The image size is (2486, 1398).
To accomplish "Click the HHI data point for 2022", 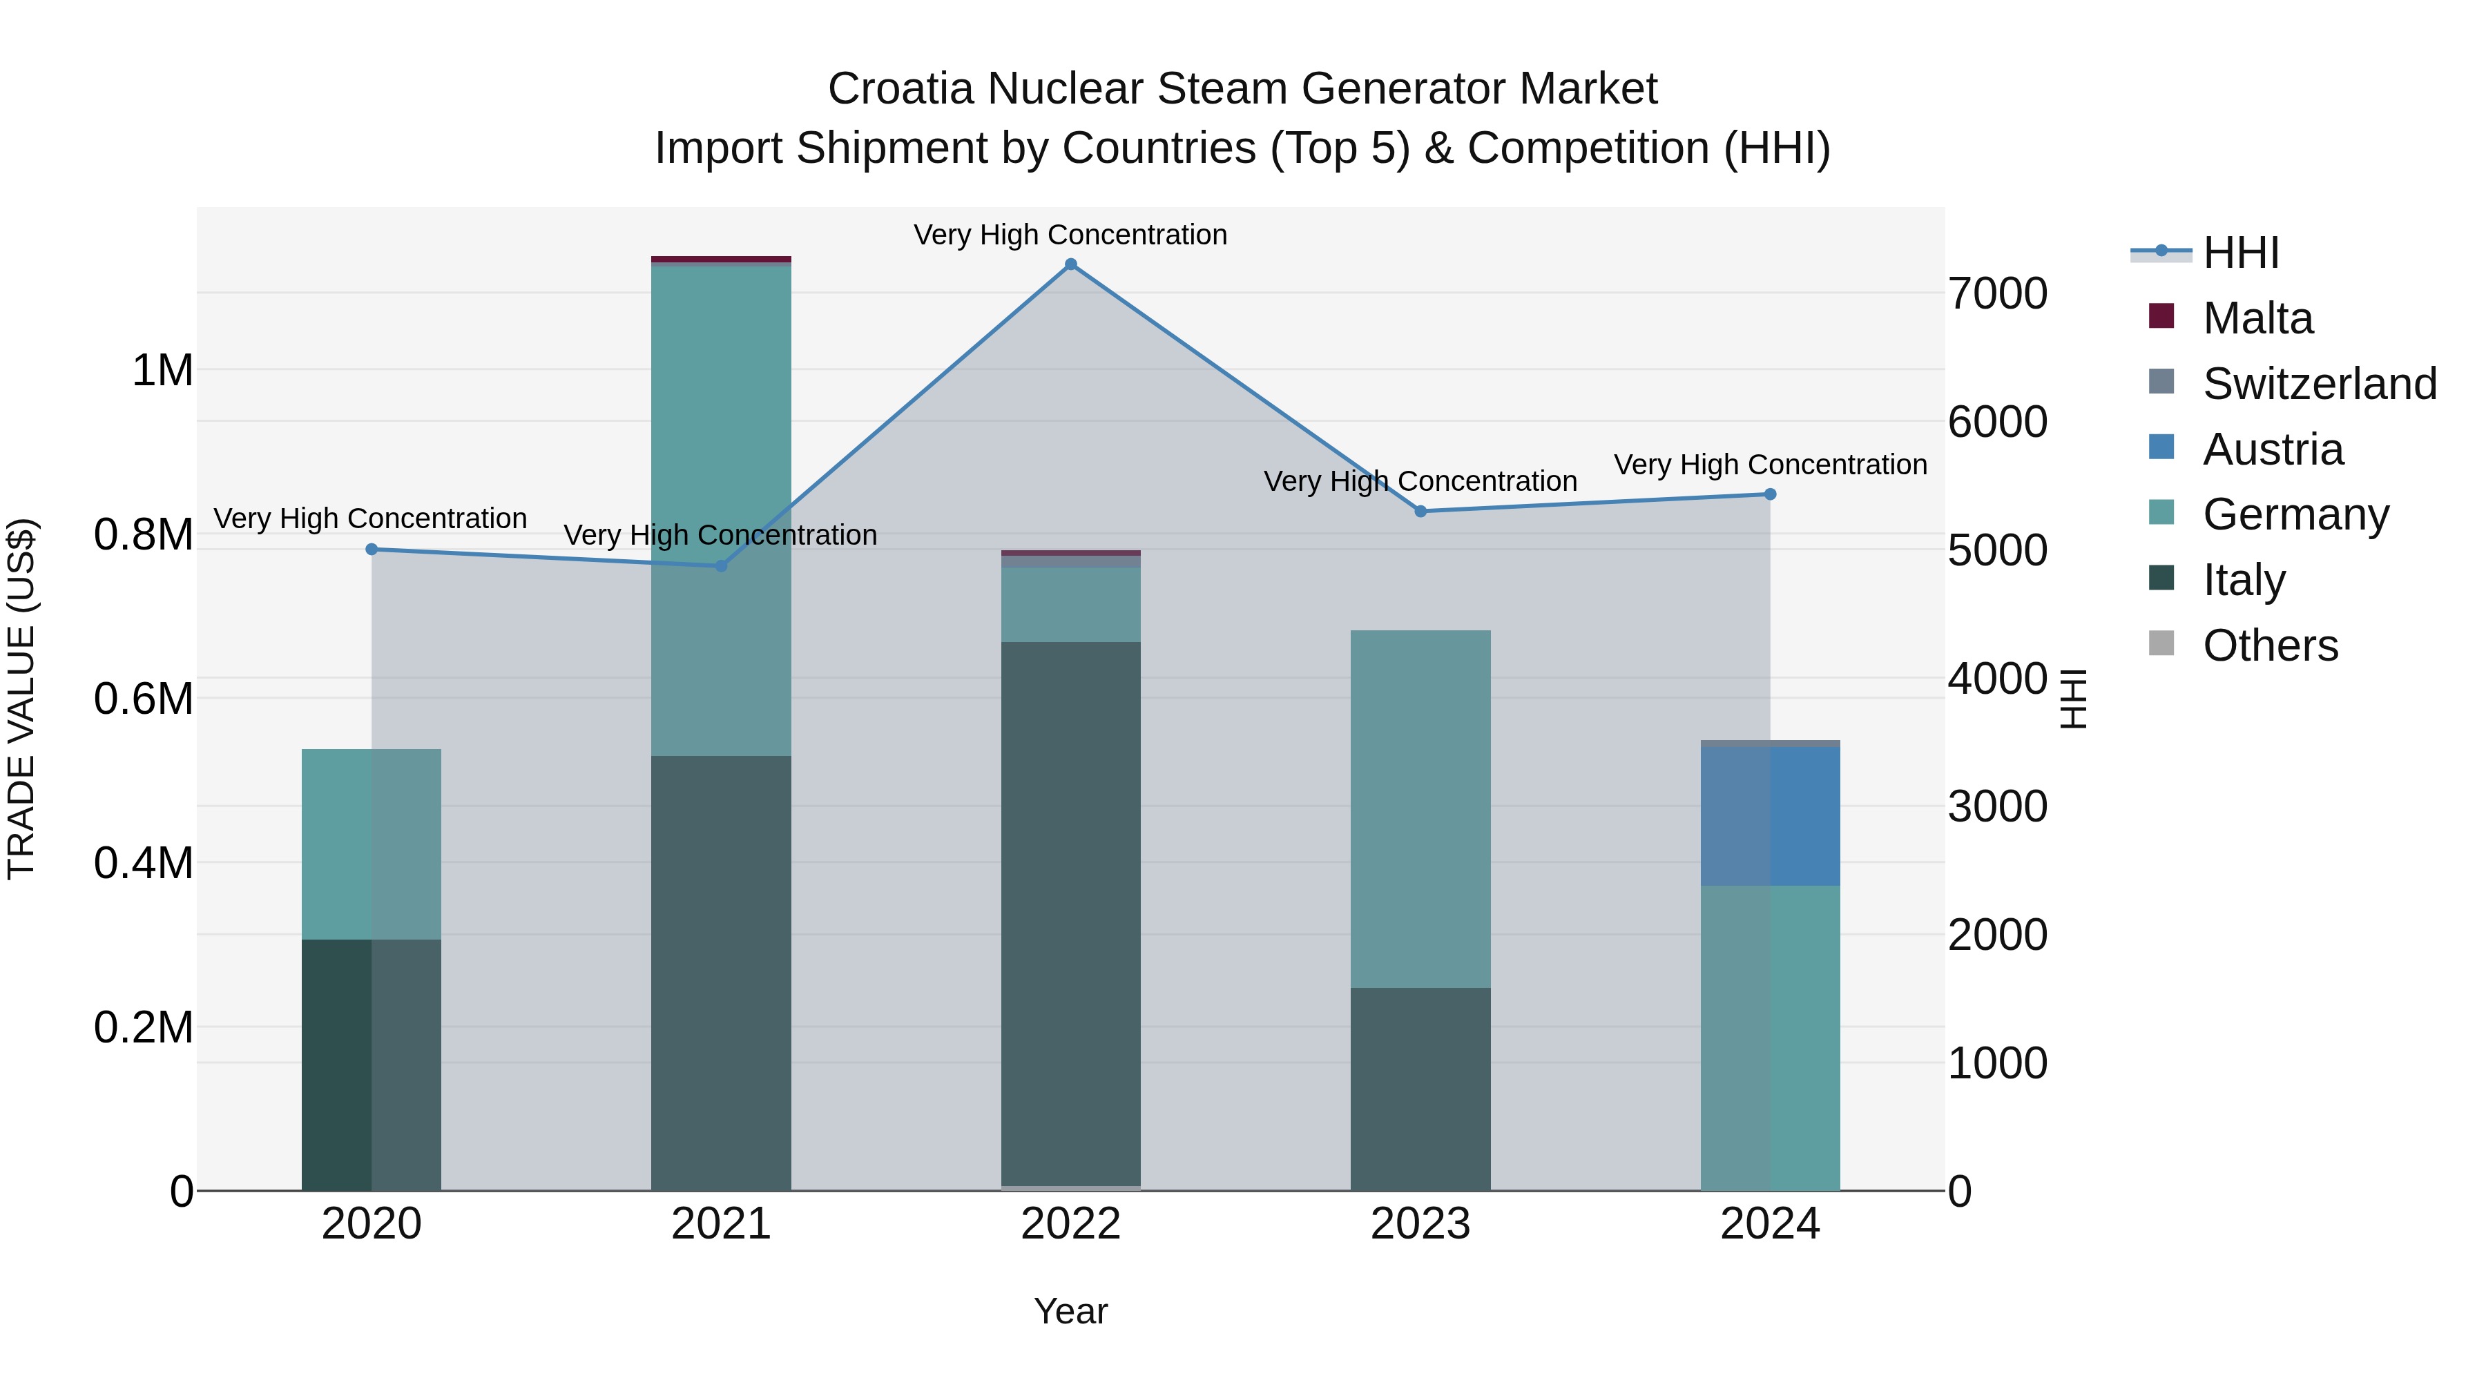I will tap(1070, 264).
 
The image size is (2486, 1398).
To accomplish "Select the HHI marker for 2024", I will tap(1770, 494).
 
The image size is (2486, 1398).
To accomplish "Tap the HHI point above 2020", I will tap(372, 549).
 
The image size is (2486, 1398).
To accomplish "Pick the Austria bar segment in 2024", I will tap(1770, 815).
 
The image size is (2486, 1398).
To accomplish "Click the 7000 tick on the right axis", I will tap(1996, 293).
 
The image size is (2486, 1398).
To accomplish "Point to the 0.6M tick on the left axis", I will tap(144, 699).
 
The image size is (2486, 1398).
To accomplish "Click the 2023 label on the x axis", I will tap(1420, 1224).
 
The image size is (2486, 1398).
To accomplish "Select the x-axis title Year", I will tap(1070, 1311).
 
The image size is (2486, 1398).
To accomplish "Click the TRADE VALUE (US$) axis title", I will tap(21, 699).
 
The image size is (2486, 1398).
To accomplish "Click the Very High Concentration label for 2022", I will tap(1070, 235).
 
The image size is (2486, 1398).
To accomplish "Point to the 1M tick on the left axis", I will tap(162, 371).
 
